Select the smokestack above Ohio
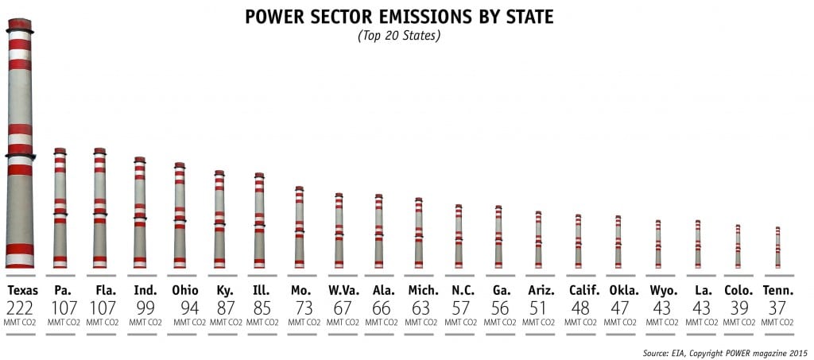pos(180,215)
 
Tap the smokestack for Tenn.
pos(777,247)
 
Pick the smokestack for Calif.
pos(578,241)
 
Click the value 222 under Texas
pos(21,308)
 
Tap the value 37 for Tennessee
pos(777,308)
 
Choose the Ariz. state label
pos(541,291)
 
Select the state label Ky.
pos(225,291)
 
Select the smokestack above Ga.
pos(498,236)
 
